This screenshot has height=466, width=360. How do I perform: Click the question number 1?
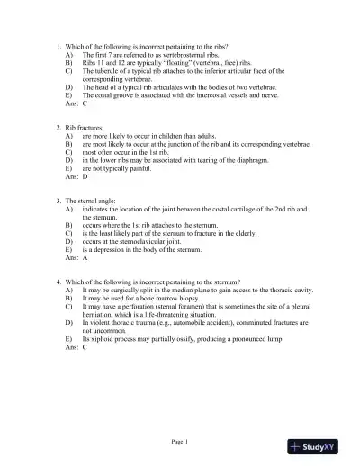coord(58,46)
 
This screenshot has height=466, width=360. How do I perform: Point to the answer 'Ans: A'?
coord(76,257)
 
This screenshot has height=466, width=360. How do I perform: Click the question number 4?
coord(58,282)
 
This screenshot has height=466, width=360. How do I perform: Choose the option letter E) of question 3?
coord(69,249)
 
